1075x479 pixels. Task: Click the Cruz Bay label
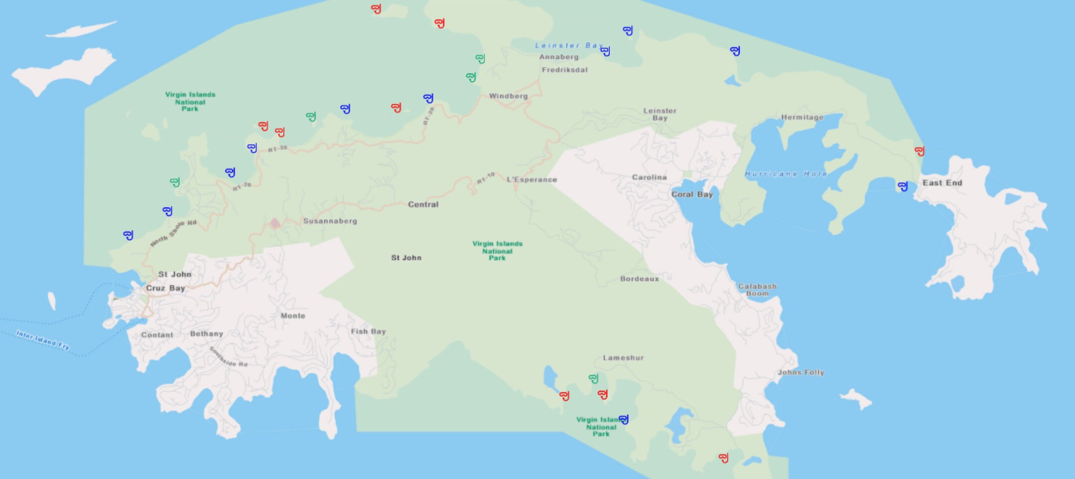pyautogui.click(x=165, y=288)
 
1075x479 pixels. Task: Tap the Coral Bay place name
pyautogui.click(x=692, y=194)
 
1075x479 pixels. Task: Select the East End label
pyautogui.click(x=942, y=183)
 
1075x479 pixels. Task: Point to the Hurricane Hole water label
pyautogui.click(x=786, y=174)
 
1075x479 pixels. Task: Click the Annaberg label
pyautogui.click(x=558, y=57)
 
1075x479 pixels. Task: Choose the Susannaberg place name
pyautogui.click(x=330, y=221)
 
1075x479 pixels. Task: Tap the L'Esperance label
pyautogui.click(x=532, y=179)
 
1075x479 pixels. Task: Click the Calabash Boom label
pyautogui.click(x=757, y=290)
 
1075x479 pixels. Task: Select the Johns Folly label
pyautogui.click(x=801, y=372)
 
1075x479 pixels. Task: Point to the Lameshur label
pyautogui.click(x=623, y=358)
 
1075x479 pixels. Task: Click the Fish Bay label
pyautogui.click(x=368, y=331)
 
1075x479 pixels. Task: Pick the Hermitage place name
pyautogui.click(x=802, y=118)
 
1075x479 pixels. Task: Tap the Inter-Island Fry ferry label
pyautogui.click(x=43, y=340)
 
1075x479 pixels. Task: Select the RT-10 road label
pyautogui.click(x=486, y=178)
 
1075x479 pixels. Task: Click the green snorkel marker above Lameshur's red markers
pyautogui.click(x=593, y=379)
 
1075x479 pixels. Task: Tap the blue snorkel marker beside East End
pyautogui.click(x=903, y=186)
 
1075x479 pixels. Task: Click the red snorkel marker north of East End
pyautogui.click(x=920, y=151)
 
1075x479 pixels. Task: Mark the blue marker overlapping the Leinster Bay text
pyautogui.click(x=605, y=51)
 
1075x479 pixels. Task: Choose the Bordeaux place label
pyautogui.click(x=639, y=279)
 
